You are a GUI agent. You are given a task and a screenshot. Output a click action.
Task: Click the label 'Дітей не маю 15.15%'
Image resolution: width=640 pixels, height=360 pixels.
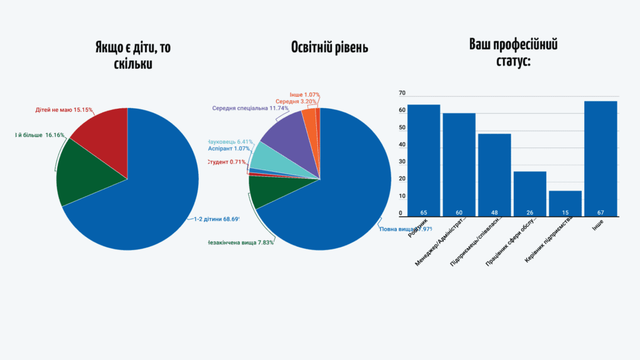pos(64,110)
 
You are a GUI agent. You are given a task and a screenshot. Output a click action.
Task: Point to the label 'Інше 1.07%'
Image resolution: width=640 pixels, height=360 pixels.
pos(304,95)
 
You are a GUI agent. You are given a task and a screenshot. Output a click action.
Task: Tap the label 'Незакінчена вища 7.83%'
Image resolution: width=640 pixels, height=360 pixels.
pos(239,242)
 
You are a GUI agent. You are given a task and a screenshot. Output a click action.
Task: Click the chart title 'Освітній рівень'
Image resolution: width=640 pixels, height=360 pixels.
pos(329,48)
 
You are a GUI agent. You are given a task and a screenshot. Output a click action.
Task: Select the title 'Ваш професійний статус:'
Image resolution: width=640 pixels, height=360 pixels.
pos(513,52)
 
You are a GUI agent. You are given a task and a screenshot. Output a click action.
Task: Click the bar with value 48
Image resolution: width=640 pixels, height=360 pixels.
pos(494,174)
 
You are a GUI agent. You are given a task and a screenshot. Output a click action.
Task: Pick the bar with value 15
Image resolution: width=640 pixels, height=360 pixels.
pos(565,203)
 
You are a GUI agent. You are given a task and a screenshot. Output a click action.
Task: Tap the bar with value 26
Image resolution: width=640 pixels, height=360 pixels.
pos(530,193)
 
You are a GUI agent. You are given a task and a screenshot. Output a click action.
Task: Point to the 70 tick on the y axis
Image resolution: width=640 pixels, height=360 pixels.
pos(402,93)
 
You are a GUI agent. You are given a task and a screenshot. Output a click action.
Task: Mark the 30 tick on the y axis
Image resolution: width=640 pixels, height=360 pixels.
pos(402,162)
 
